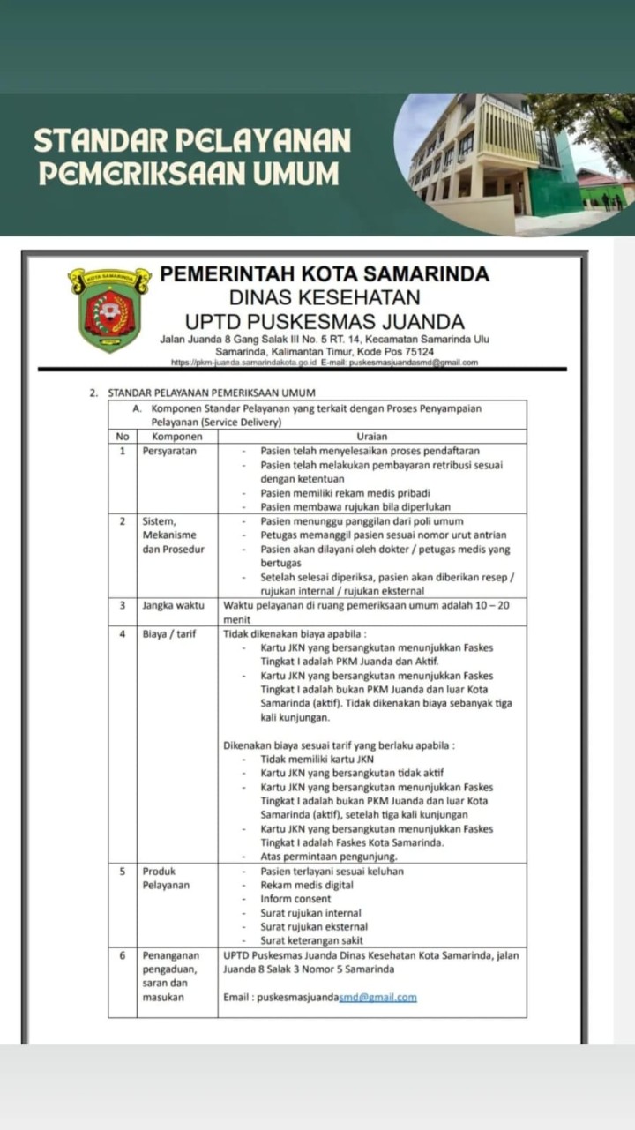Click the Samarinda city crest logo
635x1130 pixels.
click(x=109, y=308)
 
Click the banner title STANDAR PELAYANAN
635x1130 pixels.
click(x=192, y=140)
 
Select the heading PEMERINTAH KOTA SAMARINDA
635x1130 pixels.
click(x=325, y=274)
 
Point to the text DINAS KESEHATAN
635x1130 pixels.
click(x=325, y=298)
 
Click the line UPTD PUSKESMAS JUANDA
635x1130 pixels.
click(x=325, y=322)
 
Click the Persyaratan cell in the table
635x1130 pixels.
click(x=169, y=451)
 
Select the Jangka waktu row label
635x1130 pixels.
click(x=174, y=605)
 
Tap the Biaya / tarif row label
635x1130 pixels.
click(x=169, y=633)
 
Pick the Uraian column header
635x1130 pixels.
click(x=371, y=436)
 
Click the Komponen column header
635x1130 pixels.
click(x=177, y=436)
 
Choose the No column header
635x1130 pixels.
click(x=122, y=436)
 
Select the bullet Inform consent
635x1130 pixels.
click(x=295, y=899)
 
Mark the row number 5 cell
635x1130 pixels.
click(x=122, y=871)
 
